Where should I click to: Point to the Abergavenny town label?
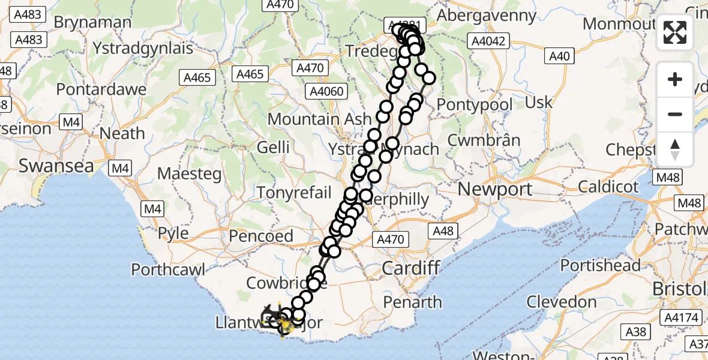487,16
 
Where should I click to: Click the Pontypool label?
475,105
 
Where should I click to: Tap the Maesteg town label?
189,174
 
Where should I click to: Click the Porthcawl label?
168,269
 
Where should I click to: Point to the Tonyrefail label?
294,192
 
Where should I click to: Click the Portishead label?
601,265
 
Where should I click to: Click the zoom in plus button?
675,79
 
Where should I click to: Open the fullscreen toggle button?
675,32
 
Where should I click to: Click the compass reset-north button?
675,149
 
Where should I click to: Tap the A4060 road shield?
326,91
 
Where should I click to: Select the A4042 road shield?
490,41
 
